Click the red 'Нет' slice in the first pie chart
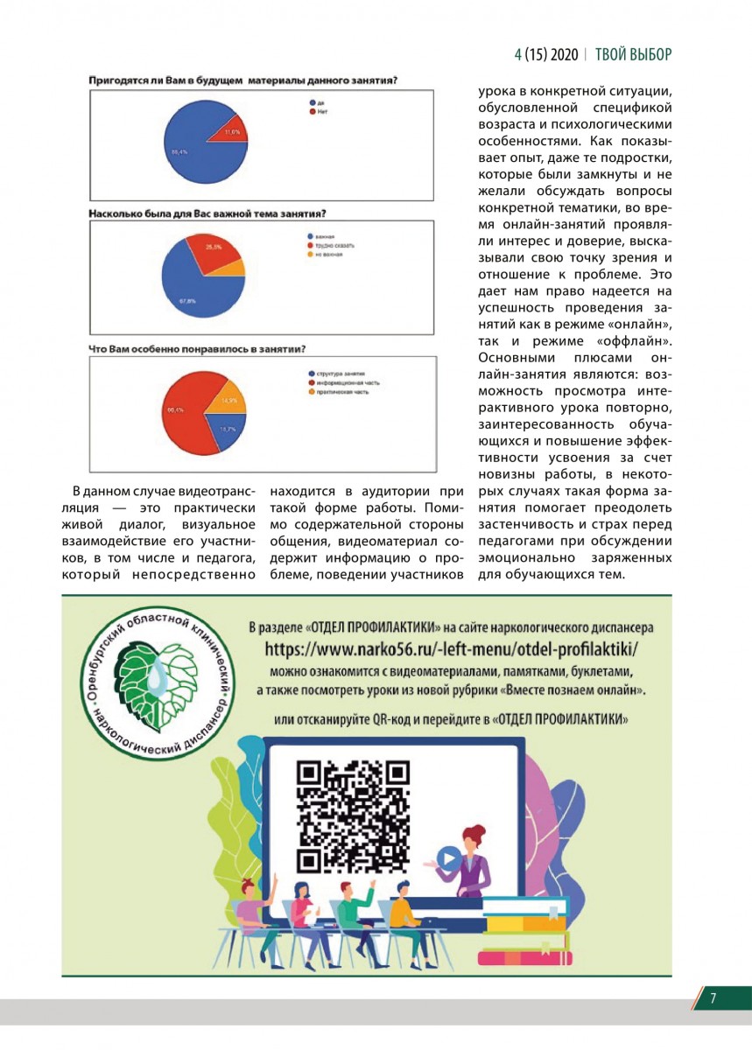[229, 130]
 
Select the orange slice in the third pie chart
[228, 399]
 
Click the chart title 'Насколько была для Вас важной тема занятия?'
[214, 213]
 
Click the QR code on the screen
[353, 816]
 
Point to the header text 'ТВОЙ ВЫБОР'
[634, 54]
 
